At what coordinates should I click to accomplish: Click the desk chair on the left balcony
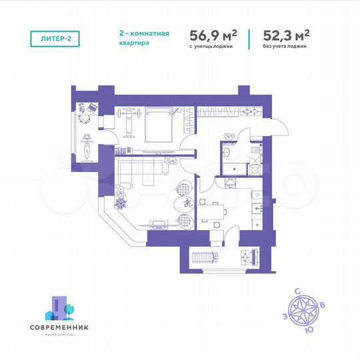83,119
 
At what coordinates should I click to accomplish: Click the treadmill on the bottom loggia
203,256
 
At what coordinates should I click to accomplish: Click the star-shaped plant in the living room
121,203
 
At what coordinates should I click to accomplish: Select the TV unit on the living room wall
158,223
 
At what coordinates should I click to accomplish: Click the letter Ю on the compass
307,329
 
